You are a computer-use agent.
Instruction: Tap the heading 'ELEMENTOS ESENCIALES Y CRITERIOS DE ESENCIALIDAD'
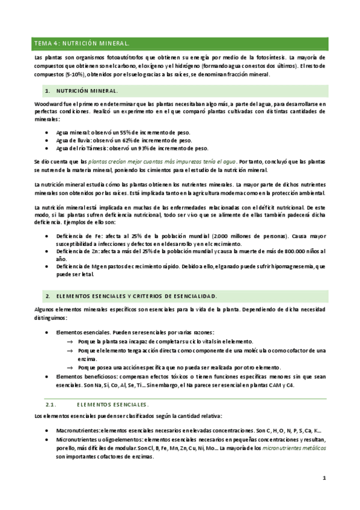136,297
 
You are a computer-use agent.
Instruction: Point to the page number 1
324,478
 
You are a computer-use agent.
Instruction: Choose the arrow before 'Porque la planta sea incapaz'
70,341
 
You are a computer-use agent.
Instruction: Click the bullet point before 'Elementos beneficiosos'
47,376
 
